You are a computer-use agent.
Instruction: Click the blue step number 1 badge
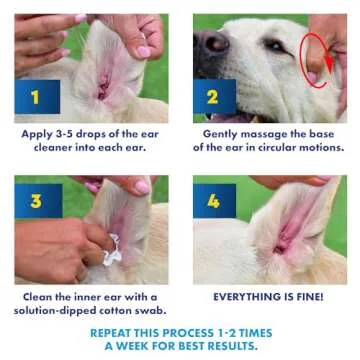[x=35, y=98]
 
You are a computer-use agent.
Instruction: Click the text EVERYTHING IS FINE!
[x=267, y=297]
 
